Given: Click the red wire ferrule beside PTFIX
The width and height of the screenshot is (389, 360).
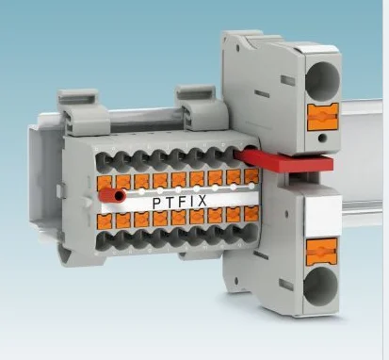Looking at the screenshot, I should [x=116, y=196].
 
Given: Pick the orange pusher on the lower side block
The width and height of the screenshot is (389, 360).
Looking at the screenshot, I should [x=322, y=251].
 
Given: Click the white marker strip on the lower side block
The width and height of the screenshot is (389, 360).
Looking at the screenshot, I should [x=316, y=214].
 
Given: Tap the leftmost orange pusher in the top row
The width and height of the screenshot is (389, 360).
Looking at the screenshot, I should [x=106, y=180].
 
